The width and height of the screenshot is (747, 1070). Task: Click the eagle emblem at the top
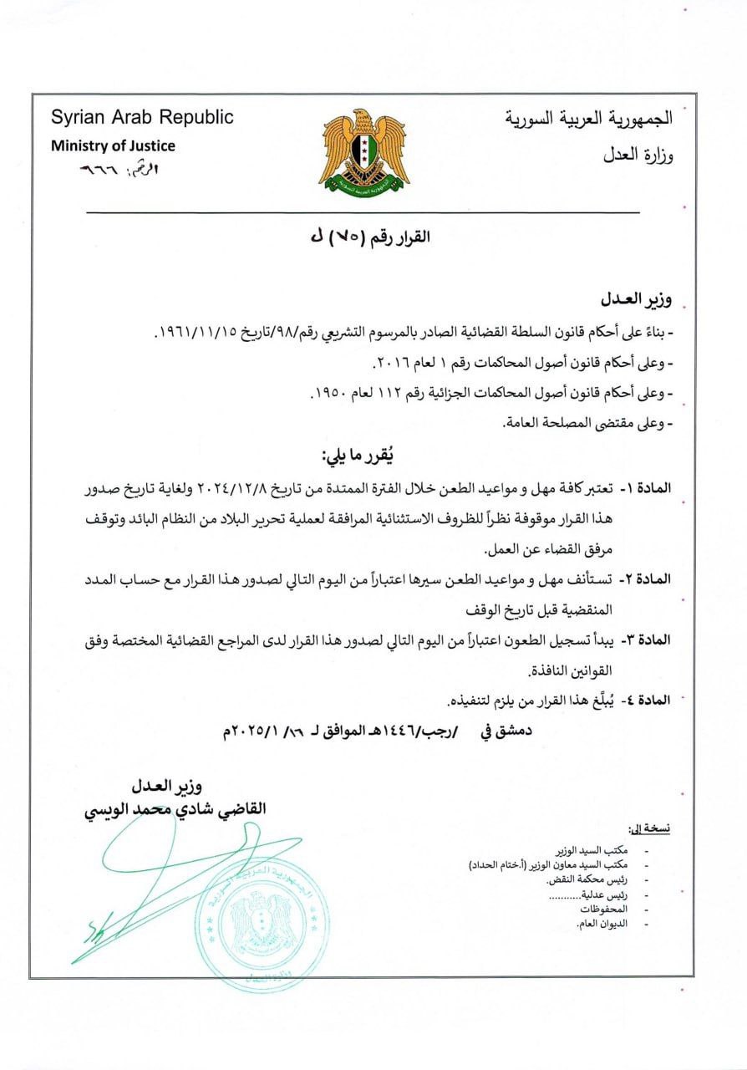pos(363,152)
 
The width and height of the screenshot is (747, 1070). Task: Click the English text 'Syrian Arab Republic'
pos(142,117)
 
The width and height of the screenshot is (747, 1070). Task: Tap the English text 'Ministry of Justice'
pos(113,145)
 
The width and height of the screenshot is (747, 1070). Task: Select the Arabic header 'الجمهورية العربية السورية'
pos(588,118)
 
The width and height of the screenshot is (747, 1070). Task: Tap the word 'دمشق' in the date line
pos(510,731)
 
